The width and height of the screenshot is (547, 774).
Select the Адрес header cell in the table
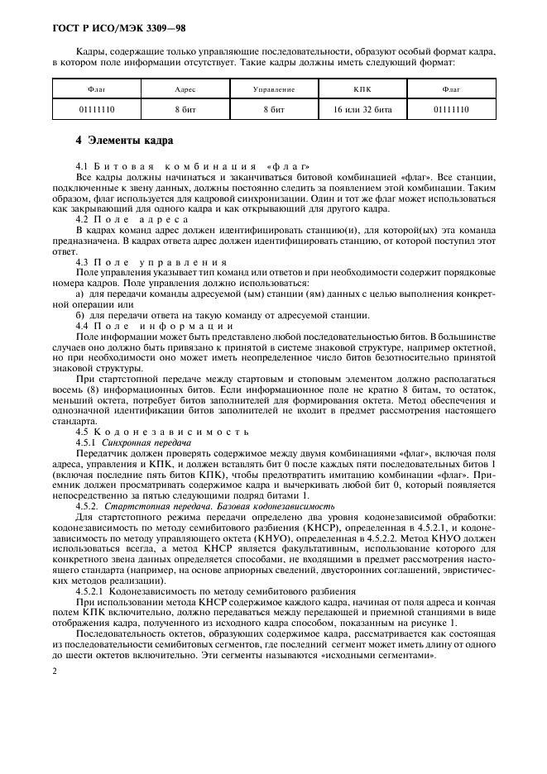point(185,88)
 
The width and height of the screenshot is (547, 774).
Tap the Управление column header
point(273,88)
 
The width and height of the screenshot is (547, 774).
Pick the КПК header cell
point(362,88)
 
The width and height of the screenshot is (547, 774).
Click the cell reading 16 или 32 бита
point(362,108)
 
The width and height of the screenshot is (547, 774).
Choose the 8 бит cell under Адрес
point(185,108)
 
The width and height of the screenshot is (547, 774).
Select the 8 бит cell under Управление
point(273,108)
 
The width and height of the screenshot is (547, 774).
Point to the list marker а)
point(79,294)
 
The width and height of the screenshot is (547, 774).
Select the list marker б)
point(79,315)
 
